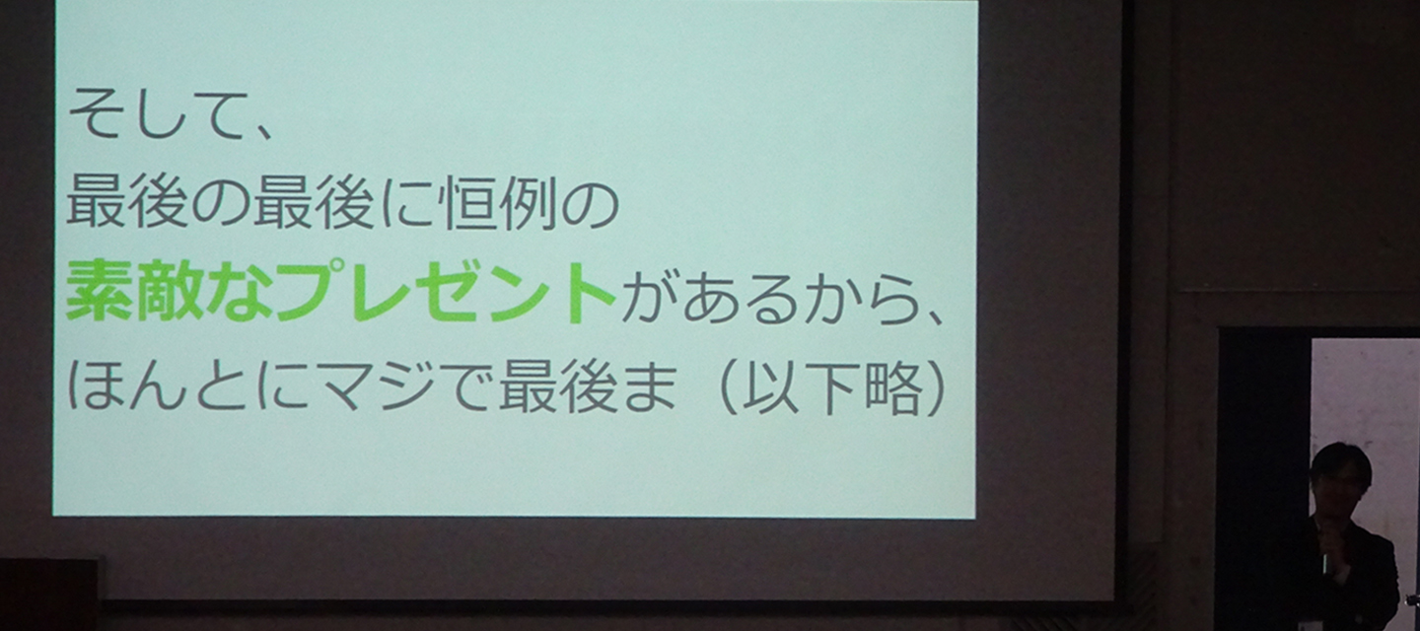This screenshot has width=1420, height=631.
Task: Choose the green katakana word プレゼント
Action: tap(445, 292)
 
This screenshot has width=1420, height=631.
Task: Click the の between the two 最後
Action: tap(219, 204)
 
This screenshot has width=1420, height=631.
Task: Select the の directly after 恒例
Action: tap(590, 204)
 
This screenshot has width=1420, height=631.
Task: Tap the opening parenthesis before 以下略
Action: tap(729, 386)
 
